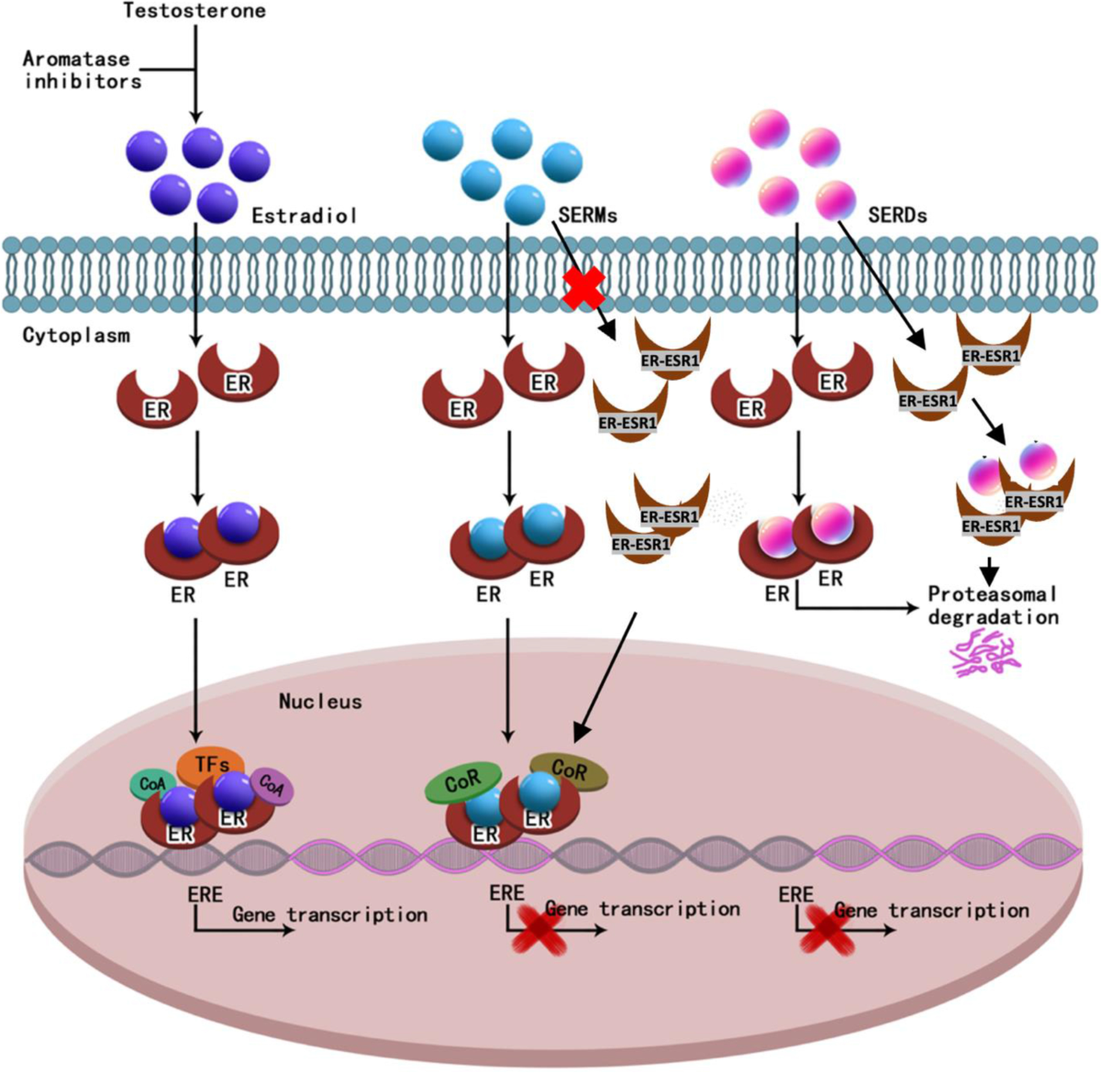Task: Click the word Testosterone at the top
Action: coord(195,11)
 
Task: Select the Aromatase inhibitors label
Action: coord(83,70)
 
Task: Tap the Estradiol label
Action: coord(304,216)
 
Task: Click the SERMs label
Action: coord(587,216)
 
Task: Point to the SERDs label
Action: coord(897,216)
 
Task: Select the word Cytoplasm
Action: coord(76,336)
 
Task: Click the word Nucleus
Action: coord(320,702)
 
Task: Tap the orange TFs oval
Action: coord(211,764)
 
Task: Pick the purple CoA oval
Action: coord(271,785)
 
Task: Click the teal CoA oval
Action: coord(152,784)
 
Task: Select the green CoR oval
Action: coord(463,781)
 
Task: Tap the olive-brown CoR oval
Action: coord(569,770)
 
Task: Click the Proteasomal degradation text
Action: coord(993,605)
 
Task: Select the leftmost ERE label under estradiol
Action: coord(205,893)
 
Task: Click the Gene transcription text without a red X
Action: coord(329,914)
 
